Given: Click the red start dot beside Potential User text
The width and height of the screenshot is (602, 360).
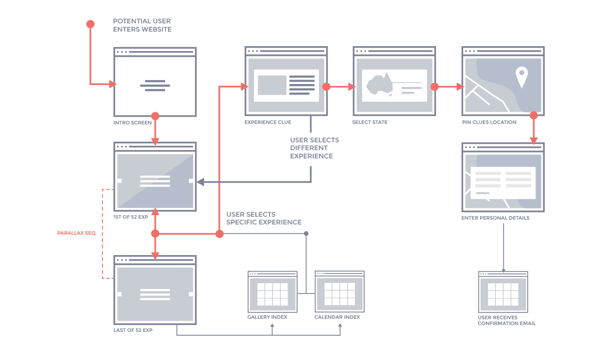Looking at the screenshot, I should pyautogui.click(x=90, y=24).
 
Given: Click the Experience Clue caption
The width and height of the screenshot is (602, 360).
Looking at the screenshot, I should pyautogui.click(x=268, y=122).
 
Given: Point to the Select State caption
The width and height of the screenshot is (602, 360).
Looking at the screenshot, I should pyautogui.click(x=369, y=122).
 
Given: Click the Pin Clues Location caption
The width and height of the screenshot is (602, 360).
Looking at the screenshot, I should pyautogui.click(x=489, y=122).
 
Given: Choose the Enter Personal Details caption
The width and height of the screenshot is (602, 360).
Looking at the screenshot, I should pyautogui.click(x=495, y=218).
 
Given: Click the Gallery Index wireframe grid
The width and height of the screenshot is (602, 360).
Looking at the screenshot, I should pyautogui.click(x=272, y=294).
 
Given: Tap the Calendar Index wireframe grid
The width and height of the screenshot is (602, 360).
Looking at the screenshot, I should pyautogui.click(x=339, y=294).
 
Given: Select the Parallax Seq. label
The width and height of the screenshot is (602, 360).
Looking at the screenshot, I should pyautogui.click(x=77, y=233).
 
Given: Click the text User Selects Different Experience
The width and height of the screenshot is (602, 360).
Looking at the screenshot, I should pyautogui.click(x=314, y=148).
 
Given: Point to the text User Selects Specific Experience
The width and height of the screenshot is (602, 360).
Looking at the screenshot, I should pyautogui.click(x=264, y=218).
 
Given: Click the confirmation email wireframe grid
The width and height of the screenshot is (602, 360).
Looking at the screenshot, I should pyautogui.click(x=503, y=294).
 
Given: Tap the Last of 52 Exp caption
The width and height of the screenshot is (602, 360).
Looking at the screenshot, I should pyautogui.click(x=133, y=330).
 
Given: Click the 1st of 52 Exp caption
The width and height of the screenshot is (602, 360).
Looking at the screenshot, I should pyautogui.click(x=131, y=217).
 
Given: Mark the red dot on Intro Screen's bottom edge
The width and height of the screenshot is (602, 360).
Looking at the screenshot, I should pyautogui.click(x=155, y=116).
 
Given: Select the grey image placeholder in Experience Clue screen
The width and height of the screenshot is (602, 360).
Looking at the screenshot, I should pyautogui.click(x=272, y=85).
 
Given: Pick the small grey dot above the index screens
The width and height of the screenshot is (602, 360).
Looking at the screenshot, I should pyautogui.click(x=306, y=234).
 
